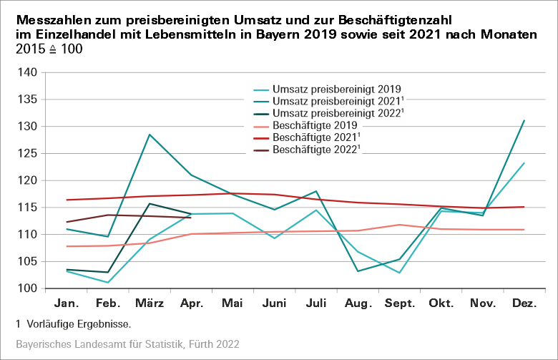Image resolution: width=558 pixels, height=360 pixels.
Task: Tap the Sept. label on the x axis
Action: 400,303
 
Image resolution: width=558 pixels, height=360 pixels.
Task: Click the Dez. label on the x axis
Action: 524,303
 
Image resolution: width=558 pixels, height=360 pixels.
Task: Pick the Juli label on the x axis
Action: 316,303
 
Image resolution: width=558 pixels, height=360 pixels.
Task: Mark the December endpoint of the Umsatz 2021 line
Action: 524,121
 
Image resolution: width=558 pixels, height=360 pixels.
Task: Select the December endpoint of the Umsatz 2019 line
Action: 524,163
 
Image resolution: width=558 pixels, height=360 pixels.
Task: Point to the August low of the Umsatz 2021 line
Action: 358,271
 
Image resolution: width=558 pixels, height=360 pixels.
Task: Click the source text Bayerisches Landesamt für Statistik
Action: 100,344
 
